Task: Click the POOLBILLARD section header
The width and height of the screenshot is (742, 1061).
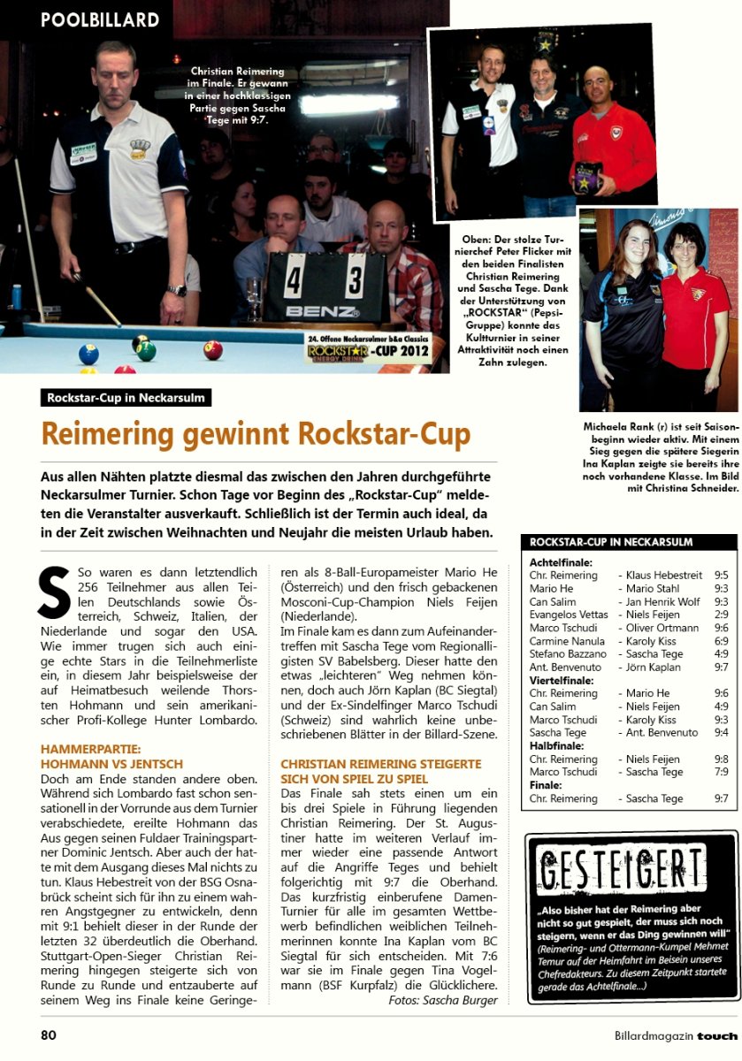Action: [x=100, y=20]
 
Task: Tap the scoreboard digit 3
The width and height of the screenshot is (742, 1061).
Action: [x=356, y=281]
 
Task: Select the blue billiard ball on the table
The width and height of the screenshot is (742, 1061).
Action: [x=88, y=354]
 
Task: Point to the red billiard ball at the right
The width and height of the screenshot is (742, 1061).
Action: [x=213, y=350]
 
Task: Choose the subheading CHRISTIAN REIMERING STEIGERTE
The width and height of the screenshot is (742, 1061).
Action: [x=380, y=763]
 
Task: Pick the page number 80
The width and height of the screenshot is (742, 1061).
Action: [x=49, y=1034]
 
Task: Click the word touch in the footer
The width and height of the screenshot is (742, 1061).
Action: [x=716, y=1035]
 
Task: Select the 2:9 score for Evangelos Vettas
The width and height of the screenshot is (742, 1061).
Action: [x=721, y=614]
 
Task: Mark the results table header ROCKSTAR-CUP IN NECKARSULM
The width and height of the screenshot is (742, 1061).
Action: [x=611, y=542]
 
